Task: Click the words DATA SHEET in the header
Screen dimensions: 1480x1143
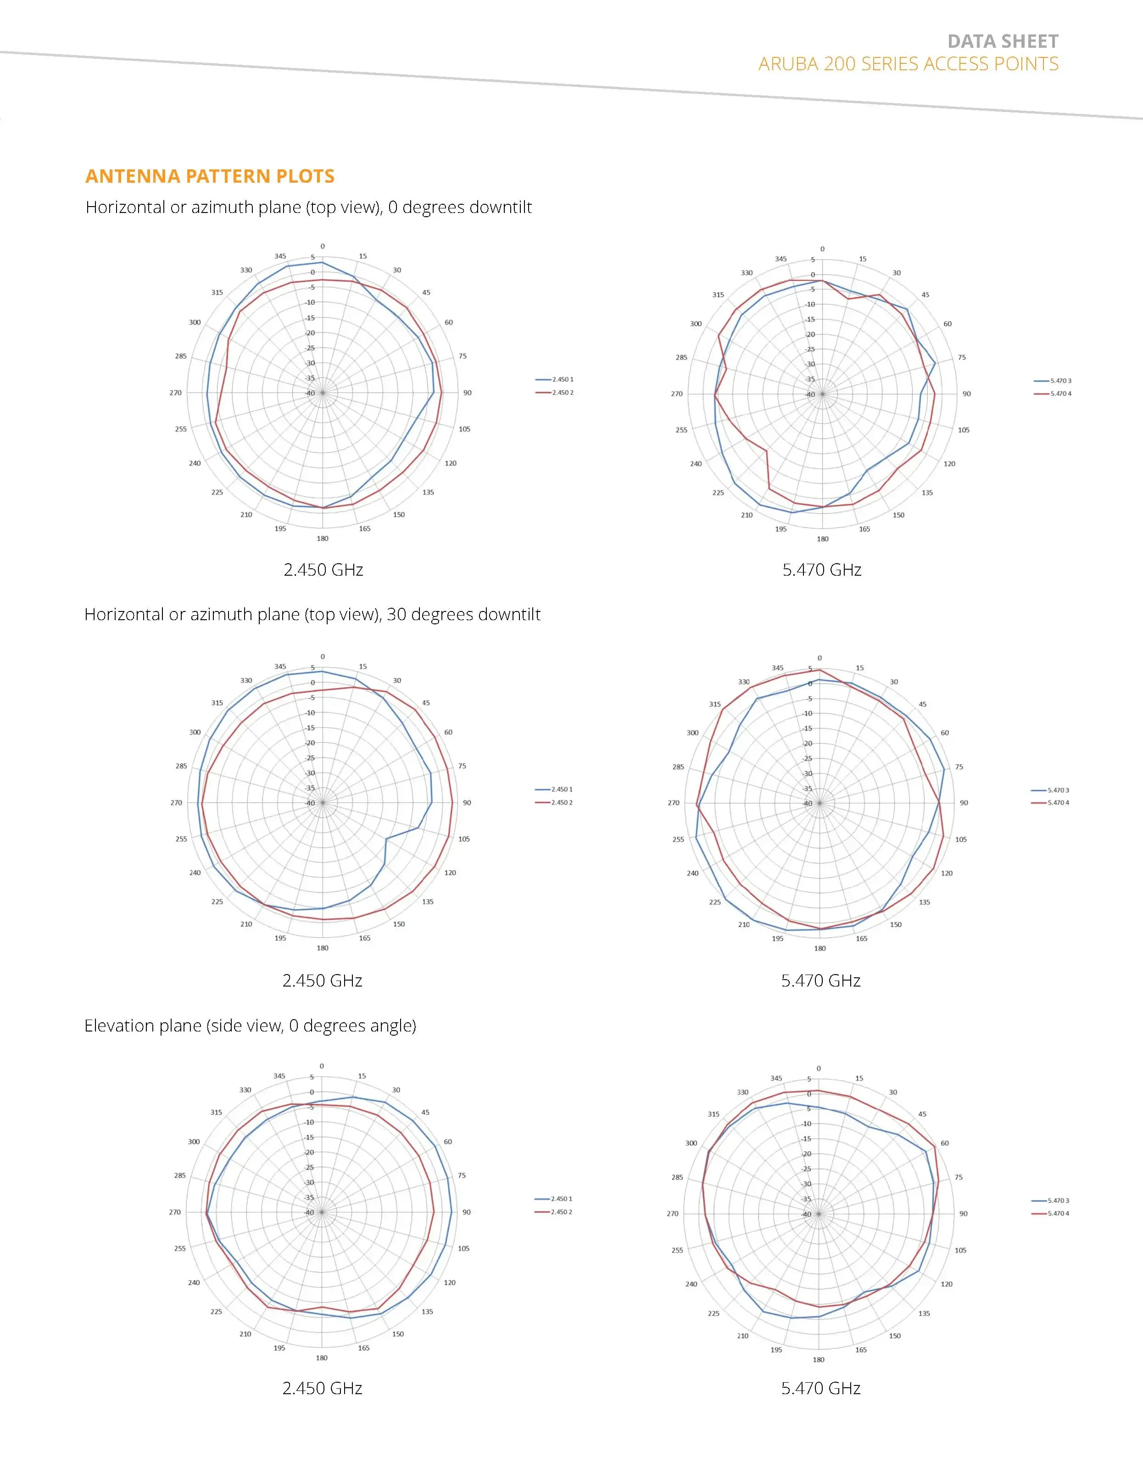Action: tap(1002, 42)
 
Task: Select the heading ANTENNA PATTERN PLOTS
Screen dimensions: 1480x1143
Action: tap(210, 176)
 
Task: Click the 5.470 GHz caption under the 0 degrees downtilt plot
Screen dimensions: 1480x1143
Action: tap(822, 570)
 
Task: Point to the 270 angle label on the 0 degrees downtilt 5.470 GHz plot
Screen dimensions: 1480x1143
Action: tap(677, 394)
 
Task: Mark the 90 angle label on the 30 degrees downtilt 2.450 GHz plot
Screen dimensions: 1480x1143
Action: tap(467, 803)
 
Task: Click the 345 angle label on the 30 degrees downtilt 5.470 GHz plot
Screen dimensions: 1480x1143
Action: tap(778, 668)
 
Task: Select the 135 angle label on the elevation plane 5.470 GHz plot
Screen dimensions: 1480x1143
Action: tap(924, 1314)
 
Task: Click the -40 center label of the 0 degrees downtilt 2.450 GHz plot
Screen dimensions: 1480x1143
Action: tap(310, 393)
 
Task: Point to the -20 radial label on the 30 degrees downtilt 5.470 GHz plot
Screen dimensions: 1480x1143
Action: tap(808, 743)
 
